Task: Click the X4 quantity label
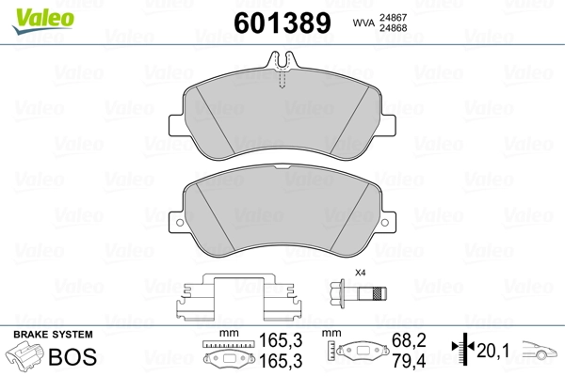[x=358, y=274]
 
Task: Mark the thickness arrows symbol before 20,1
[x=462, y=349]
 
